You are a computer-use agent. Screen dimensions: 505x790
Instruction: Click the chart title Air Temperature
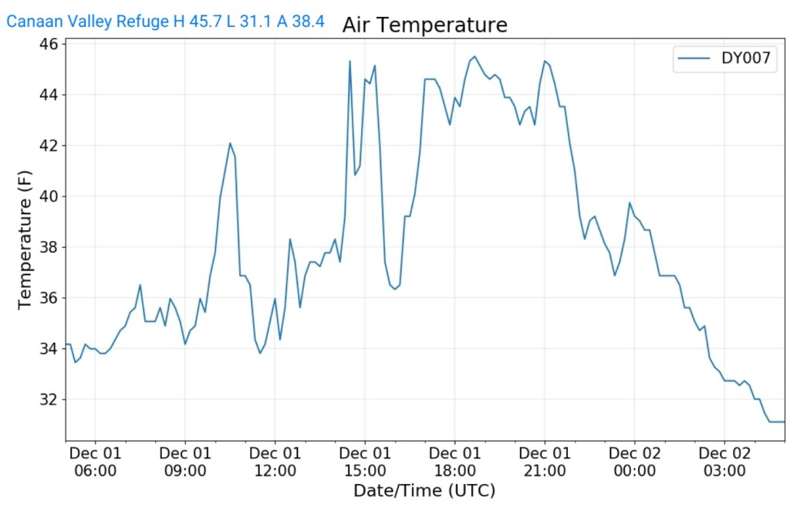tap(424, 25)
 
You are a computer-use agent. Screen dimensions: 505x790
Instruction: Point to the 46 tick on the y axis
tap(49, 44)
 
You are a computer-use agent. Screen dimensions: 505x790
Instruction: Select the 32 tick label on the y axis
tap(49, 399)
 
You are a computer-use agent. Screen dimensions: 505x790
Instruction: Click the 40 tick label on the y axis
tap(49, 196)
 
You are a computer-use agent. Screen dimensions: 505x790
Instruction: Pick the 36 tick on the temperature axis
tap(49, 298)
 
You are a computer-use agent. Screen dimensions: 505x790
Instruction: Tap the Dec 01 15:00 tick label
tap(365, 461)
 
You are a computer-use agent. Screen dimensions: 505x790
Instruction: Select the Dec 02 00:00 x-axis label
tap(634, 461)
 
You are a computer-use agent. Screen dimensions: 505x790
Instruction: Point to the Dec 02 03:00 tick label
tap(724, 461)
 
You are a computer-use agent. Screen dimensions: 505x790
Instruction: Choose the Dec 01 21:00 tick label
tap(545, 461)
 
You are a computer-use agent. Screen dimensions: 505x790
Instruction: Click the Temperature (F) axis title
tap(25, 240)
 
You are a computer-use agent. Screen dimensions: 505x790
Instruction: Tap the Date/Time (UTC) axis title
tap(424, 490)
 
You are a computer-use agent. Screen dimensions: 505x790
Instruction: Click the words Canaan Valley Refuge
tap(86, 22)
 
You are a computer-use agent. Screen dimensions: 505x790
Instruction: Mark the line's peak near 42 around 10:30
tap(230, 143)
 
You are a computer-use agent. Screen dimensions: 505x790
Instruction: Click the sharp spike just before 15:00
tap(349, 61)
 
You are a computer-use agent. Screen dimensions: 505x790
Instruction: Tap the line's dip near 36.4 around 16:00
tap(395, 289)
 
